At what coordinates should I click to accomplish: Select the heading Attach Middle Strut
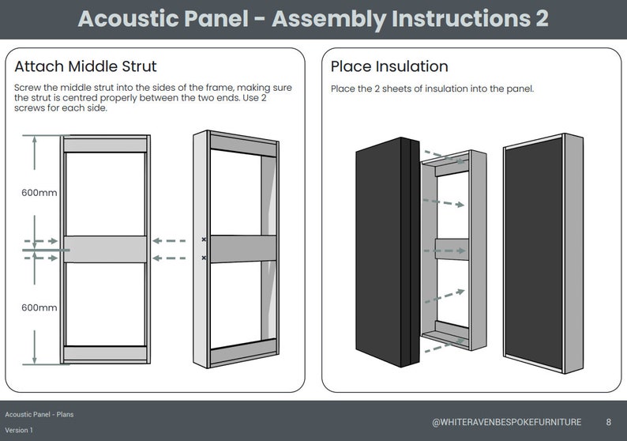coord(85,66)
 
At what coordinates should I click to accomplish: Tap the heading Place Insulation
coord(389,66)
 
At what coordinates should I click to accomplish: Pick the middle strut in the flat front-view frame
coord(106,249)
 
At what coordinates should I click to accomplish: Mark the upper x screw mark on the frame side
coord(204,239)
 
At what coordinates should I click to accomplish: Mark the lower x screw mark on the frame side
coord(204,258)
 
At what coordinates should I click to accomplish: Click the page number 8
coord(608,422)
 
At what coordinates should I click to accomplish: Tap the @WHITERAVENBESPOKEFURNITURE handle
coord(506,422)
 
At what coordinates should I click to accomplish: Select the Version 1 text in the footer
coord(19,430)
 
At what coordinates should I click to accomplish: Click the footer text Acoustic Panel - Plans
coord(39,414)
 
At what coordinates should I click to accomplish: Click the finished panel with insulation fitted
coord(534,253)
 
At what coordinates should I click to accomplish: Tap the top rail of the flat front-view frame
coord(106,145)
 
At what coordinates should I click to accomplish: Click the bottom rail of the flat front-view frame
coord(106,353)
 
